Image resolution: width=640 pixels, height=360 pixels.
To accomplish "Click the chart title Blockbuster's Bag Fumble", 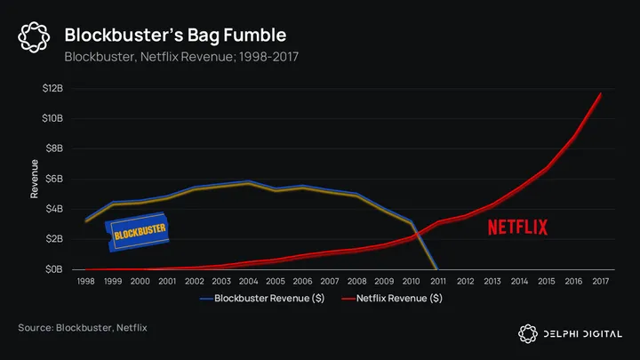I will (176, 35).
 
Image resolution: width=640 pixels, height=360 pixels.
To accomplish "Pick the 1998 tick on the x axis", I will (85, 281).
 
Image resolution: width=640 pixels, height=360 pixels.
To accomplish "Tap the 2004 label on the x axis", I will (248, 281).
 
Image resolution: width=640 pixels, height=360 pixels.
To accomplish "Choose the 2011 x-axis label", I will (438, 281).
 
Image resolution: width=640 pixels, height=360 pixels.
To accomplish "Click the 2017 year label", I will (601, 281).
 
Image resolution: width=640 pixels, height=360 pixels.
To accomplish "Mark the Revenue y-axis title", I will (35, 179).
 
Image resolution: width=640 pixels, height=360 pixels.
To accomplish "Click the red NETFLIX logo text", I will (517, 227).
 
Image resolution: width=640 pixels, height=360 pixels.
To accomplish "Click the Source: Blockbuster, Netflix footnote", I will (83, 328).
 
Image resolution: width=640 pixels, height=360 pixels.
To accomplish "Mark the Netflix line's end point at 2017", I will (601, 94).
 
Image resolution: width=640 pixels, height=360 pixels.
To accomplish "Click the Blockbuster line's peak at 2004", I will (248, 181).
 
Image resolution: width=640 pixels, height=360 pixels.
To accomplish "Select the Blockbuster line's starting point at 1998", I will (85, 220).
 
